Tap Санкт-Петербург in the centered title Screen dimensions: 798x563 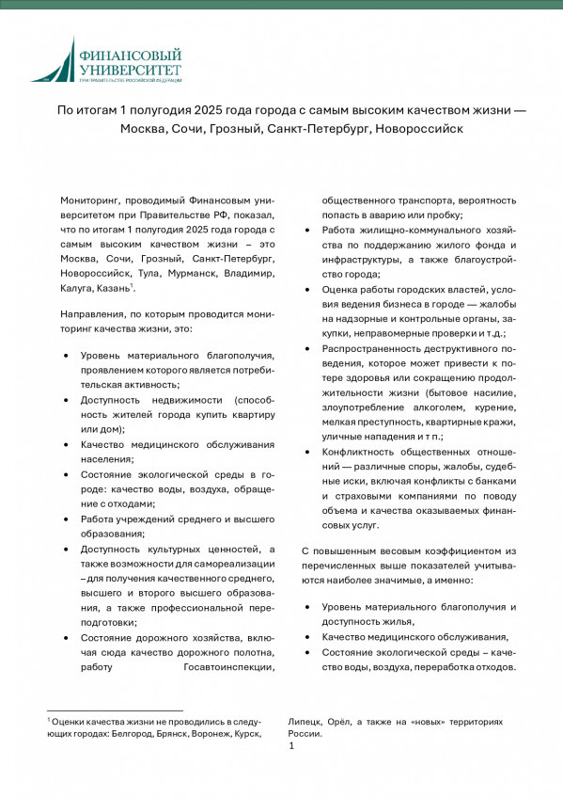click(318, 127)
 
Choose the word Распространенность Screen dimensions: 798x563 click(381, 347)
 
